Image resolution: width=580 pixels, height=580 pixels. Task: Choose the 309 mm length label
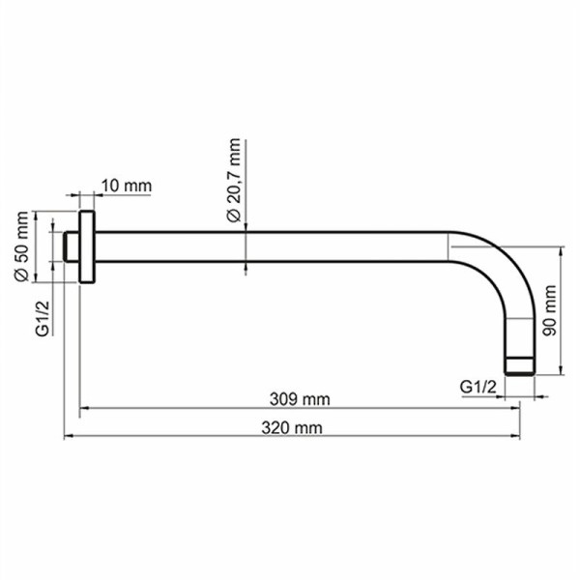pos(300,399)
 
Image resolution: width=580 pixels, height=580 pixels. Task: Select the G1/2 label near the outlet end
pos(478,386)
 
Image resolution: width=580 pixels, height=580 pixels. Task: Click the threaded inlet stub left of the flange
pos(71,246)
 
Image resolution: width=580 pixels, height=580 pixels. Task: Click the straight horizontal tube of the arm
pos(271,246)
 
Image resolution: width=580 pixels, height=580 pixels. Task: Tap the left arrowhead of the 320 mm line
pos(69,437)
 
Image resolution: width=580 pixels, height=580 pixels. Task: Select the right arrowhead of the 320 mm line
pos(527,437)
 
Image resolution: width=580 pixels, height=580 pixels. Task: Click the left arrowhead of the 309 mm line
pos(84,409)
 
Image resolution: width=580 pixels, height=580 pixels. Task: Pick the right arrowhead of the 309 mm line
pos(515,409)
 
